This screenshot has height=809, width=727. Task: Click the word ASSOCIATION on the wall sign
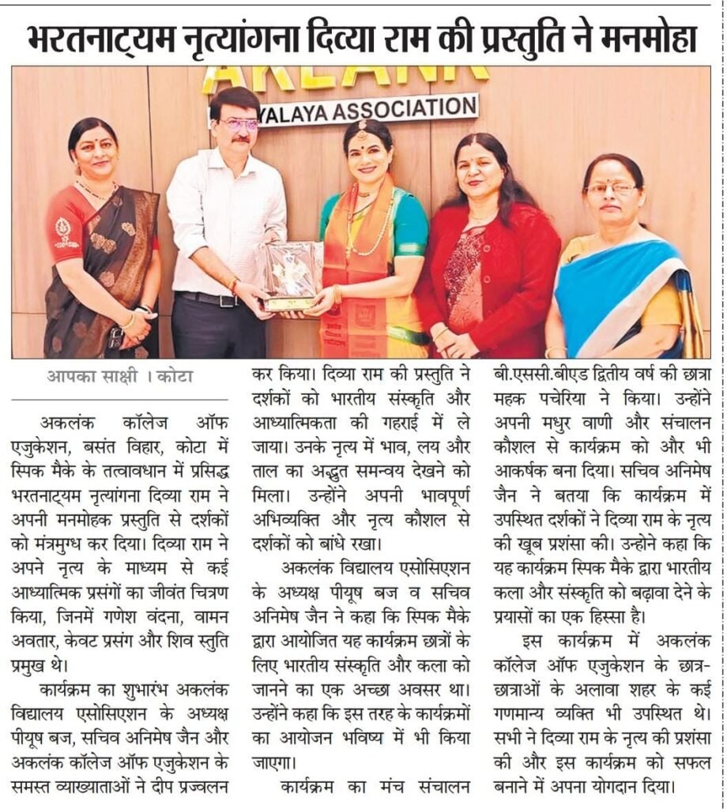[x=404, y=109]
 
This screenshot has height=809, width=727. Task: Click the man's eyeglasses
[x=239, y=125]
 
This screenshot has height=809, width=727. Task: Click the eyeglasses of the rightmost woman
[x=612, y=189]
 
